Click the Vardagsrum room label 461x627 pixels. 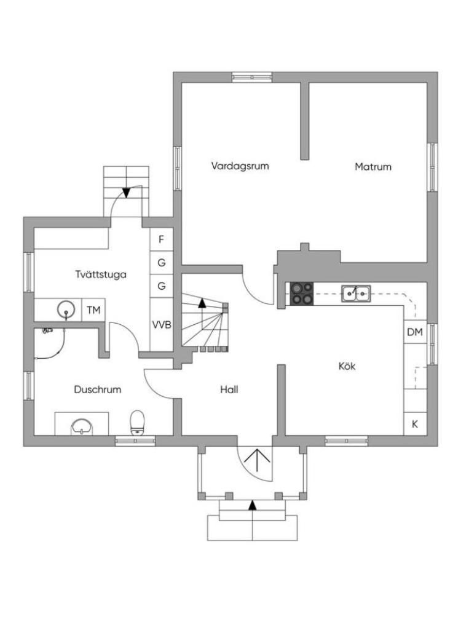(x=240, y=166)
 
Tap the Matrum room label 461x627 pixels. (x=372, y=166)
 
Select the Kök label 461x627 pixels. (x=347, y=366)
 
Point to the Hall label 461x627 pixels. (x=229, y=389)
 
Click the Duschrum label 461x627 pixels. (x=98, y=389)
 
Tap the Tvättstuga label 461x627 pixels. (x=101, y=274)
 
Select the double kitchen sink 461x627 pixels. (x=355, y=294)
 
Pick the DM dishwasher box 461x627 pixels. (x=415, y=332)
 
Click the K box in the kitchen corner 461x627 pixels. (x=415, y=423)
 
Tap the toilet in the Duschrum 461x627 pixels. (x=137, y=423)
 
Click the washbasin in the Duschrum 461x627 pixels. (x=82, y=427)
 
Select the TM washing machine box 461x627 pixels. (x=93, y=310)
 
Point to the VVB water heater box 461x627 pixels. (x=162, y=325)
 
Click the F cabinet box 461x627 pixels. (x=162, y=239)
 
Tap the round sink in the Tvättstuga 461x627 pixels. (x=66, y=310)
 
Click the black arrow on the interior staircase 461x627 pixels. (x=202, y=303)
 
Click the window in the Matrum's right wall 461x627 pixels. (x=432, y=167)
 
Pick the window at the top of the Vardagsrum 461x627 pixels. (x=252, y=77)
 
